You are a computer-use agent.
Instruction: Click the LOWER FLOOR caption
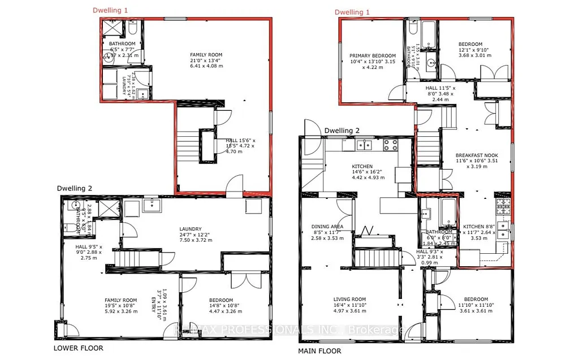tap(78, 348)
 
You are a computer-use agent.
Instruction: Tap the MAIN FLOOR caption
tap(319, 351)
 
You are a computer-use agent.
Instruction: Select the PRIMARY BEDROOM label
tap(372, 55)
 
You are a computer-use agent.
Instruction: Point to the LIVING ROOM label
tap(349, 300)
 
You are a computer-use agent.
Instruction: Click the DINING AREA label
tap(327, 227)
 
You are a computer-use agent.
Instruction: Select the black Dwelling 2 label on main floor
tap(342, 131)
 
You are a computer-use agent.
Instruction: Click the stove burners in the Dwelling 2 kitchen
tap(390, 145)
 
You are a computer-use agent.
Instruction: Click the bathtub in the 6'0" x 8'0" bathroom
tap(448, 213)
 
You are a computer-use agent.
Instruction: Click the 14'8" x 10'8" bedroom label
tap(221, 300)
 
